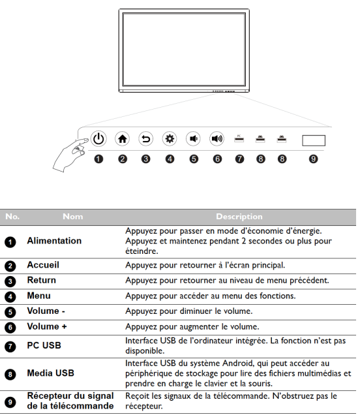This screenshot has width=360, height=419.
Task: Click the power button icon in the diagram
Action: [x=98, y=139]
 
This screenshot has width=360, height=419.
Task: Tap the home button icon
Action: [x=123, y=139]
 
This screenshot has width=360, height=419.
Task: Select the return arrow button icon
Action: [x=146, y=139]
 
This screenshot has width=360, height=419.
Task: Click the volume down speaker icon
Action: [x=193, y=139]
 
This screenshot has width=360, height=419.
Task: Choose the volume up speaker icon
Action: [x=217, y=139]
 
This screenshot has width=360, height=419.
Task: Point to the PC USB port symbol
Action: [x=239, y=138]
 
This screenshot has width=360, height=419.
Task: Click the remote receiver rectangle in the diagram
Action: [x=314, y=140]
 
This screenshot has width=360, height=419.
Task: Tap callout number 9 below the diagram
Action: [x=313, y=159]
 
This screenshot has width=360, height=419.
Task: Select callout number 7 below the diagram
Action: [x=239, y=159]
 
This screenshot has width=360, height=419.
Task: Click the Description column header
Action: [x=239, y=217]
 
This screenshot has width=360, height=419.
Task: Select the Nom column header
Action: [x=73, y=217]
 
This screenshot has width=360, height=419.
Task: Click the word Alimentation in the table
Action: [x=54, y=241]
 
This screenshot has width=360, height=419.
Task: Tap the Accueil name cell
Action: [x=43, y=265]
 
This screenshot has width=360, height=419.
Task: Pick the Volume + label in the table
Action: [x=47, y=326]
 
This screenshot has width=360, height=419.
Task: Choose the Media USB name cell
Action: [x=50, y=373]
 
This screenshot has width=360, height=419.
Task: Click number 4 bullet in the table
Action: [x=10, y=296]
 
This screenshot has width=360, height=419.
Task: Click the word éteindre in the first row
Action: [x=142, y=251]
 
